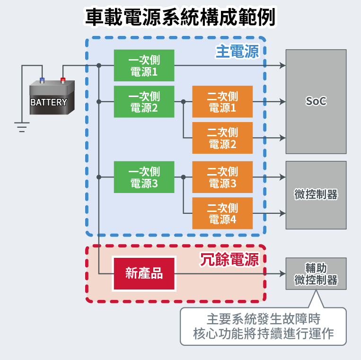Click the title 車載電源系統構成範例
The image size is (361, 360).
[x=180, y=18]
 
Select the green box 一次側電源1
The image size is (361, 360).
[x=144, y=66]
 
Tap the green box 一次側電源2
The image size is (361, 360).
[x=144, y=102]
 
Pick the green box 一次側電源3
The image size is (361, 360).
[x=144, y=177]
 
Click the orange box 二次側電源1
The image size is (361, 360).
[x=222, y=102]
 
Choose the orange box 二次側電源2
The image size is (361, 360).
[x=222, y=138]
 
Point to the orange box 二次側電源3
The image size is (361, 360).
[x=222, y=177]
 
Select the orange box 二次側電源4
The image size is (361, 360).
[x=222, y=213]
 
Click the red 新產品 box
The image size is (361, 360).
[x=144, y=273]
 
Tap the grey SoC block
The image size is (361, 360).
[x=316, y=101]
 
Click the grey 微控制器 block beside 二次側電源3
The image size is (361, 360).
[x=316, y=195]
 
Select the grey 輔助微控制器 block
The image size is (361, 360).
[x=316, y=273]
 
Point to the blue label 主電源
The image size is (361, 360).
[x=237, y=51]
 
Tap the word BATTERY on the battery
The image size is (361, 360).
[x=49, y=102]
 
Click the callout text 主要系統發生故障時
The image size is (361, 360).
[x=264, y=319]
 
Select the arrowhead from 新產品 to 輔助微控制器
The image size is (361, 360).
[x=282, y=273]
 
